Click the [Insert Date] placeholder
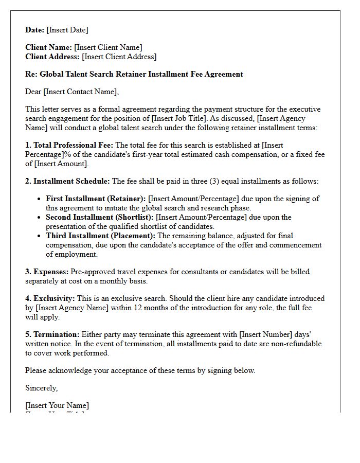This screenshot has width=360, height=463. click(x=67, y=30)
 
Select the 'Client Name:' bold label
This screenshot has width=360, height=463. click(x=48, y=47)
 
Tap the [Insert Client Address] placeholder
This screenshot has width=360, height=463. click(x=119, y=57)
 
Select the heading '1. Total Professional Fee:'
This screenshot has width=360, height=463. click(x=69, y=146)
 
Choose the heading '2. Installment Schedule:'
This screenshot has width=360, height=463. click(x=67, y=181)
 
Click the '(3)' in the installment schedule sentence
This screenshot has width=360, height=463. click(x=206, y=181)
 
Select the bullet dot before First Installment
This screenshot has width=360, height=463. click(x=40, y=199)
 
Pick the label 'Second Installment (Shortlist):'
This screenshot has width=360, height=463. click(x=100, y=217)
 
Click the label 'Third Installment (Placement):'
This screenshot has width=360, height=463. click(x=100, y=236)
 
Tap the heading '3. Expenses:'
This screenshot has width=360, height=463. click(x=47, y=272)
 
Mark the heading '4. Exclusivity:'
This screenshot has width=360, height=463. click(x=50, y=298)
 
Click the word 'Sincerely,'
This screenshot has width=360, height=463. click(x=42, y=388)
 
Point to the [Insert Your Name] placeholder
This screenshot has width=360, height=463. click(x=57, y=405)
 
